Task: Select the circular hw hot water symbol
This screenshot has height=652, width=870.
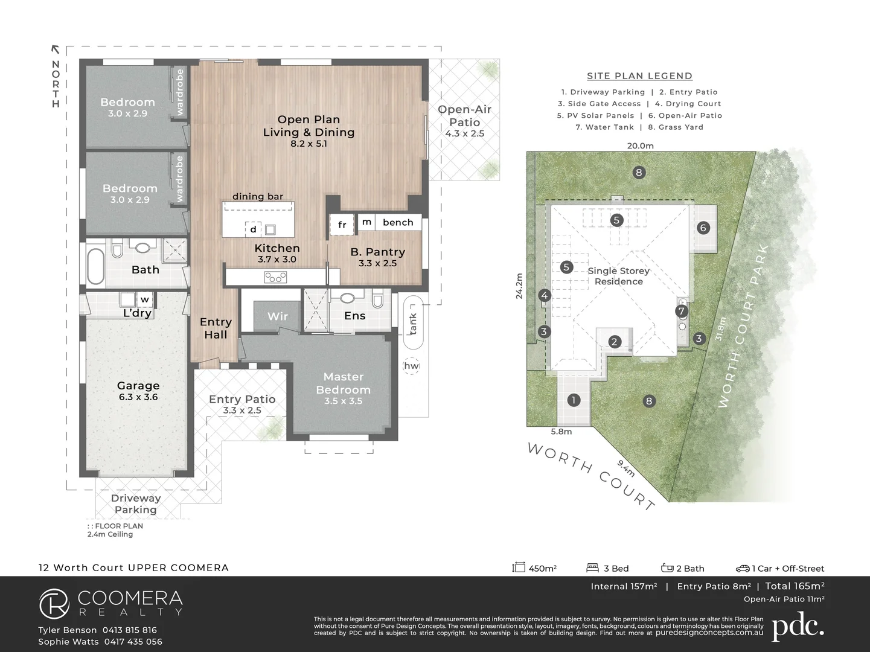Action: (411, 366)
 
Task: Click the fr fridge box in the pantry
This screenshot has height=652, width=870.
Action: (342, 225)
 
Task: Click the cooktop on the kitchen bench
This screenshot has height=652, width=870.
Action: (275, 278)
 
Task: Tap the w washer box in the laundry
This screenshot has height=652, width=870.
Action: (145, 299)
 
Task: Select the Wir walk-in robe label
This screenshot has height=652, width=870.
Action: (278, 316)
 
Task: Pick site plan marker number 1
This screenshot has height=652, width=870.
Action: (574, 400)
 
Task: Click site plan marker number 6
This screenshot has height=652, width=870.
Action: (703, 228)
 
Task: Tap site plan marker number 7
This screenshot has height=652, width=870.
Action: (682, 312)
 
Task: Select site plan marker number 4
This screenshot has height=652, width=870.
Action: (545, 295)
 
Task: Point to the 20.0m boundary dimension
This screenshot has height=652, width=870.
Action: (640, 145)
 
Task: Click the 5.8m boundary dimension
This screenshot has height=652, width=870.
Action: (561, 432)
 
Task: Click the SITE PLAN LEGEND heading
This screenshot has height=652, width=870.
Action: (639, 76)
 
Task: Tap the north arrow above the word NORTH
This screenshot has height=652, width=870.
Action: (56, 50)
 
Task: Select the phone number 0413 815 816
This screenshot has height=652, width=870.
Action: (129, 630)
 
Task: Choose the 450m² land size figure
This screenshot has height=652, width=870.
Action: (542, 568)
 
